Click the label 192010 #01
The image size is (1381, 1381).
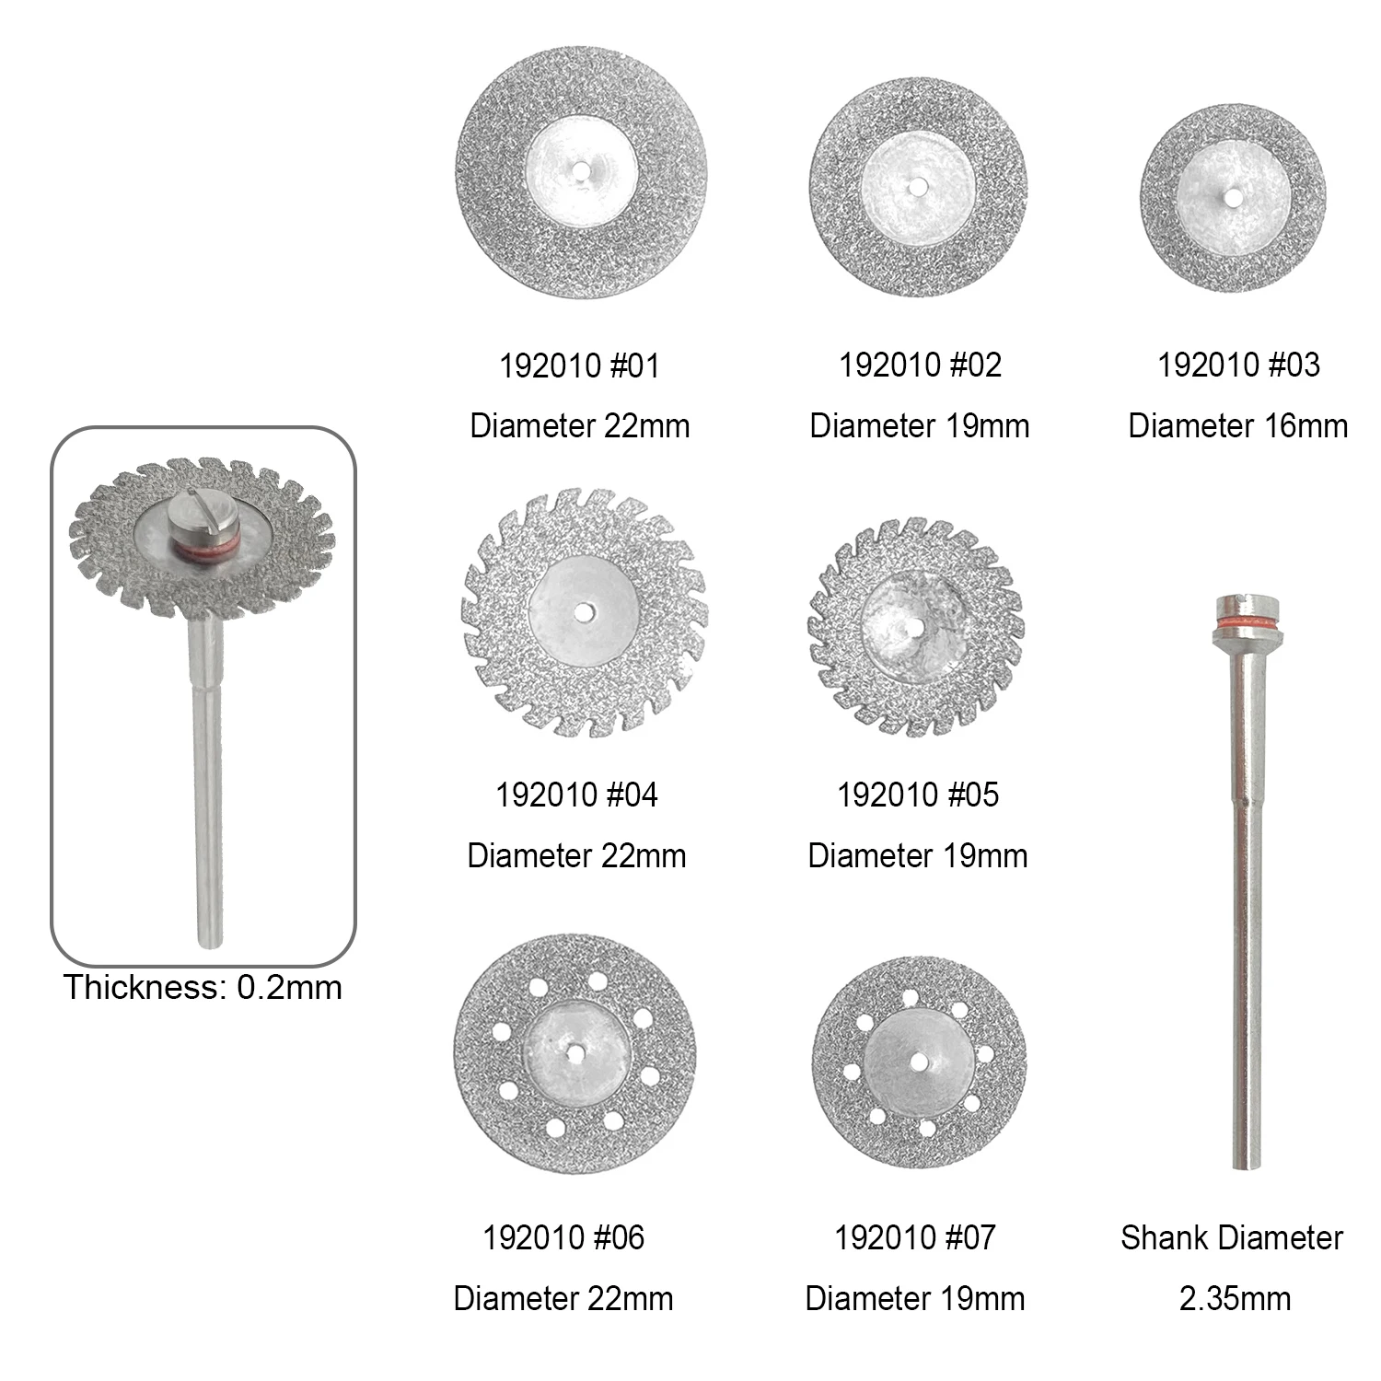click(579, 366)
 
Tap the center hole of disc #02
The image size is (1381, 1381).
click(917, 187)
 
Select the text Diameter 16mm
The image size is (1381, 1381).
click(1237, 425)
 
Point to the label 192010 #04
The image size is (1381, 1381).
click(576, 795)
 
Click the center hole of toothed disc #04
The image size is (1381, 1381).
click(584, 611)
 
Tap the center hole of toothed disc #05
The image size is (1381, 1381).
click(915, 627)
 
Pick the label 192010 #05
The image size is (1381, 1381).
click(917, 795)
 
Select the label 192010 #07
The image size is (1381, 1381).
click(914, 1237)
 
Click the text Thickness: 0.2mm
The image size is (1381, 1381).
click(203, 987)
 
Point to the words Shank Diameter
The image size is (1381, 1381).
click(1231, 1237)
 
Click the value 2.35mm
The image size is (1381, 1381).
click(1235, 1298)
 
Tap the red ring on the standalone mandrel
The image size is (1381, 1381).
click(1248, 625)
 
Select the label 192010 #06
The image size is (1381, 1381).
click(563, 1237)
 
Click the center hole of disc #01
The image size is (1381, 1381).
click(581, 170)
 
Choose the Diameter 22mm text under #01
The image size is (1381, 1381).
click(579, 425)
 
